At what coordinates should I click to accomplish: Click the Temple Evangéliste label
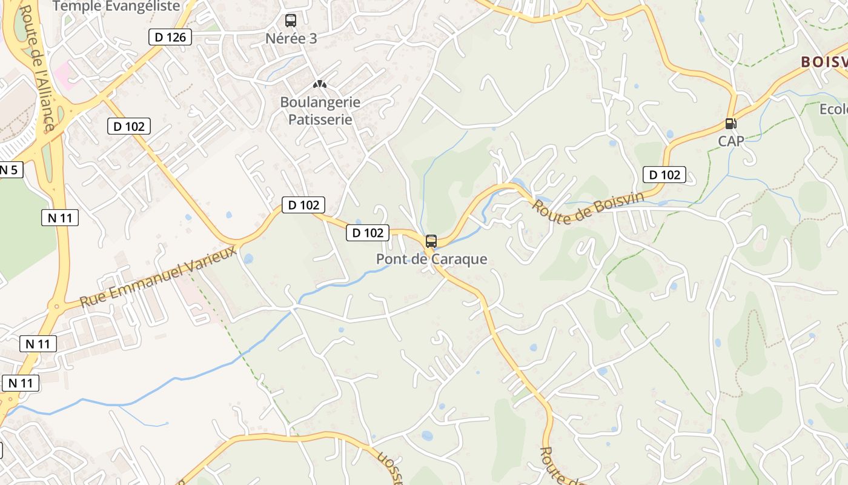tap(117, 6)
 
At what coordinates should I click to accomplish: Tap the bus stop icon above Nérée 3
tap(291, 21)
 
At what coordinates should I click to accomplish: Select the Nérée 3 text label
tap(291, 38)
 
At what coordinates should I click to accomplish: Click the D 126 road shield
tap(170, 37)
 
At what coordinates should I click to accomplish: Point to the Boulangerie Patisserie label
tap(320, 111)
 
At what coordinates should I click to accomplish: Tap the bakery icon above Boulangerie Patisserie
tap(320, 84)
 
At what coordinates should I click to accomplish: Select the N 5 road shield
tap(8, 170)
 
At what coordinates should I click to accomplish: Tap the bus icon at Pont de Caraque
tap(431, 241)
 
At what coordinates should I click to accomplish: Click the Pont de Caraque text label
tap(431, 259)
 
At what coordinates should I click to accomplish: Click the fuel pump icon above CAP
tap(731, 124)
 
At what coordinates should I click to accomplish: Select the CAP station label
tap(731, 141)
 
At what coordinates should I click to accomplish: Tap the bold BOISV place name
tap(824, 62)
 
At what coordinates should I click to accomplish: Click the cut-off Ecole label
tap(833, 109)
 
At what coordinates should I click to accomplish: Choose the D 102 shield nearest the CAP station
tap(664, 175)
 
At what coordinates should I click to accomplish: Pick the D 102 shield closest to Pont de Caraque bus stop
tap(368, 232)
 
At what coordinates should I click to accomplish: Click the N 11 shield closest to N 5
tap(60, 217)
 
